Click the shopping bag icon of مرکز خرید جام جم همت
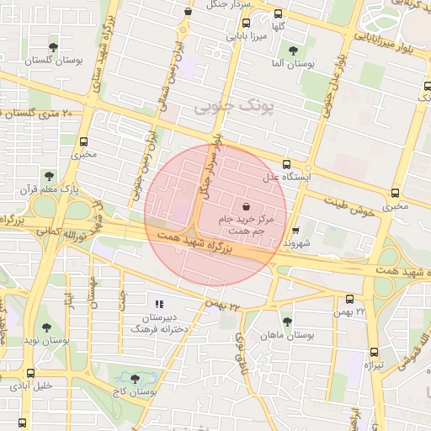coord(245,206)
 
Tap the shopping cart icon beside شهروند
coord(295,230)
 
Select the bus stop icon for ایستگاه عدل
coord(287,165)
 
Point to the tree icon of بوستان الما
coord(293,51)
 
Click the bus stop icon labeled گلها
coord(279,13)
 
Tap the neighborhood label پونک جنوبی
coord(224,108)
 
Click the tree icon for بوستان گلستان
coord(54,47)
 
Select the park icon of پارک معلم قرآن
coord(49,176)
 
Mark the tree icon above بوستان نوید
coord(46,327)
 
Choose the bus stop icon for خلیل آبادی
coord(31,373)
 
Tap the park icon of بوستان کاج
coord(135,379)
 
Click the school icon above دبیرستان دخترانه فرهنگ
coord(159,304)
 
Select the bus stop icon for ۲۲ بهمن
coord(350,299)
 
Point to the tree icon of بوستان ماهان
coord(287,321)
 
